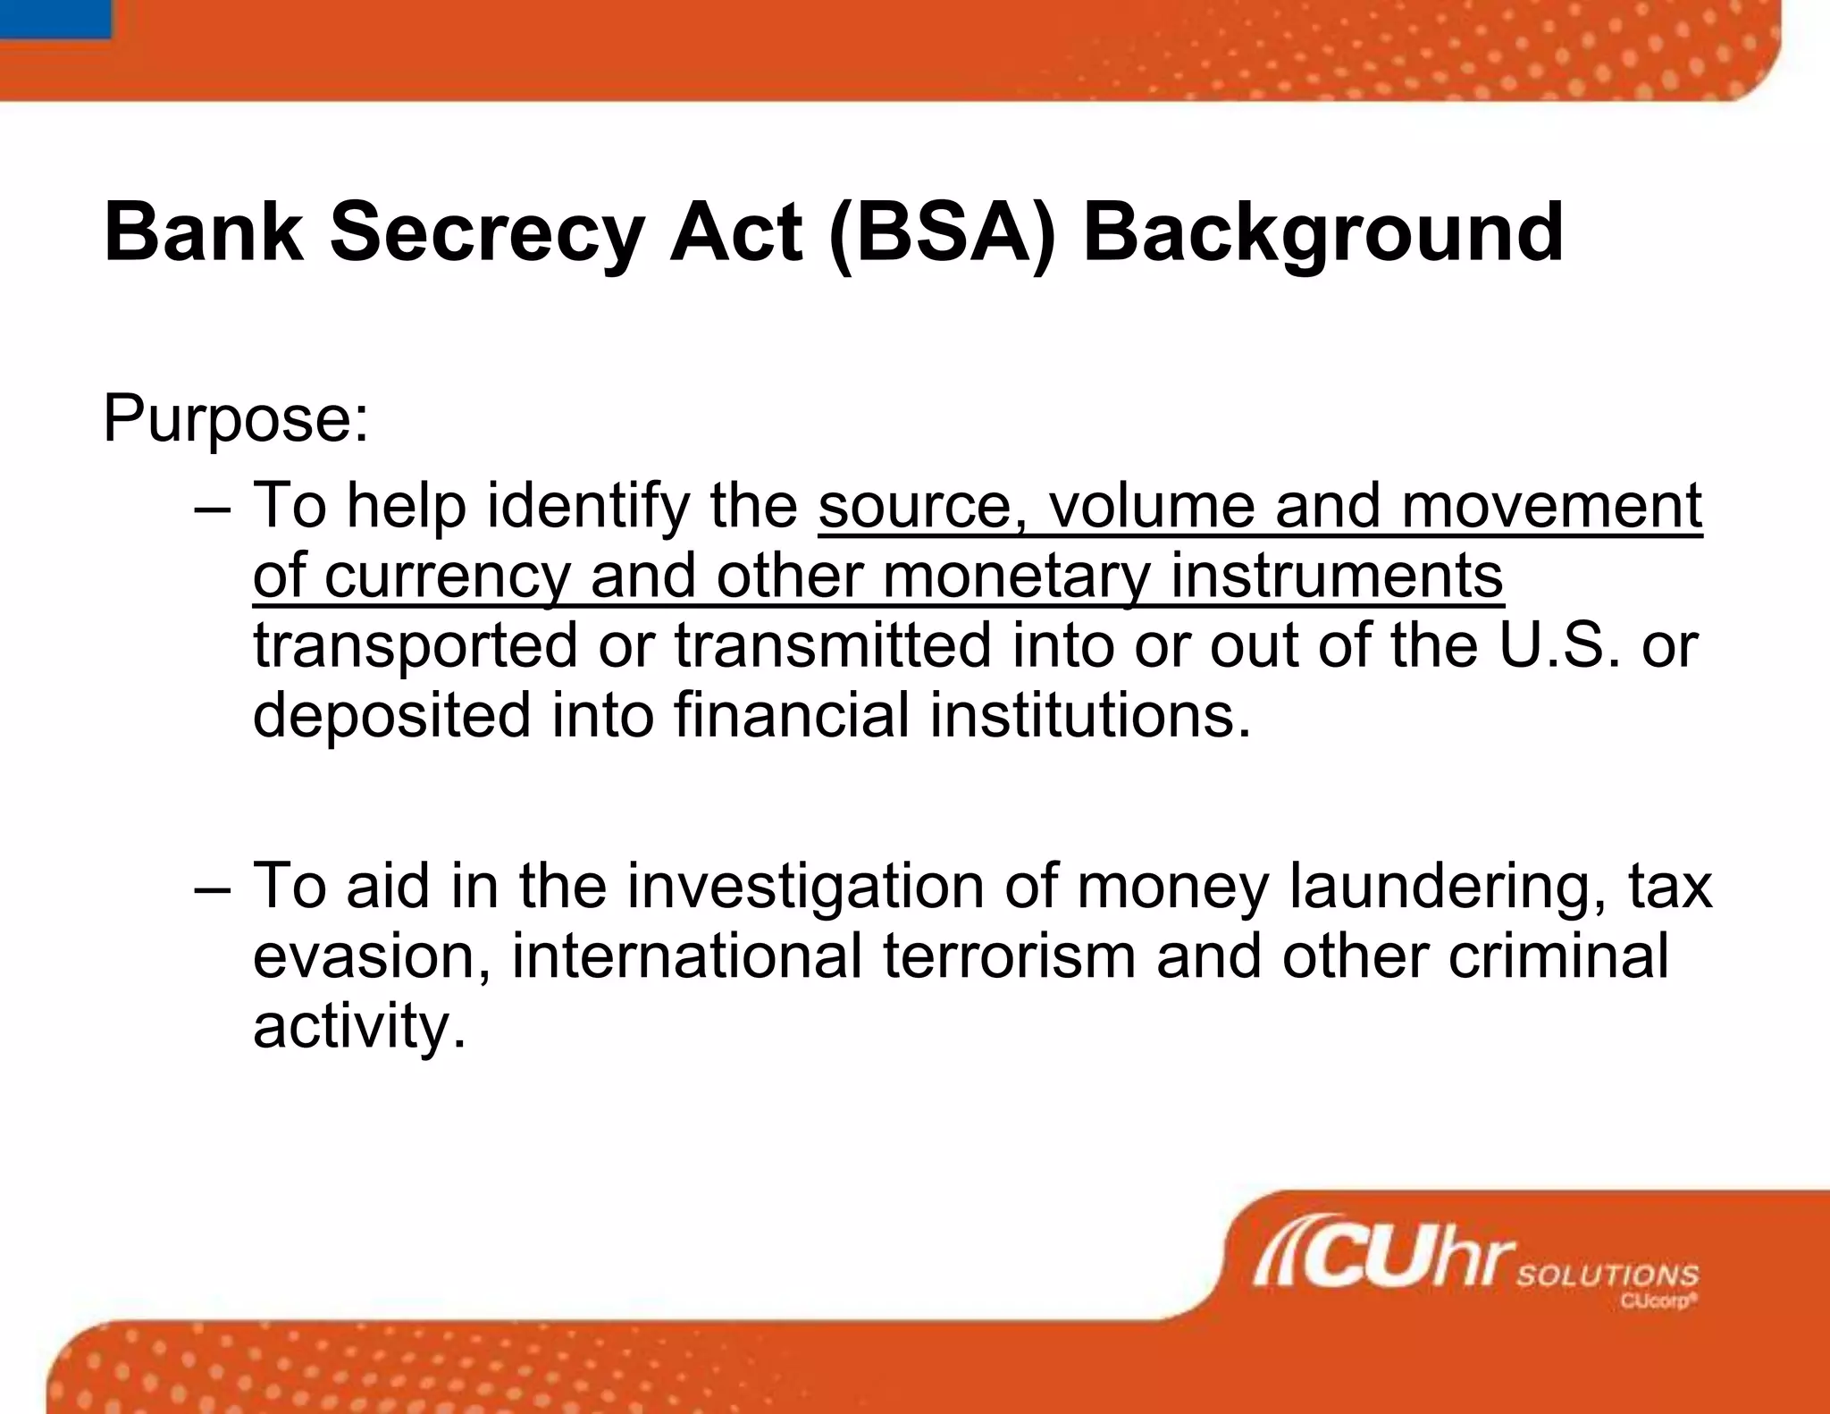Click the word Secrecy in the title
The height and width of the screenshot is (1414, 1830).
pyautogui.click(x=486, y=232)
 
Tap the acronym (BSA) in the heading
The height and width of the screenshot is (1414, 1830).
pyautogui.click(x=944, y=232)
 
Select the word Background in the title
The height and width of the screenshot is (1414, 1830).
pyautogui.click(x=1322, y=232)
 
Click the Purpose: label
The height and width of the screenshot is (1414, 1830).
pyautogui.click(x=235, y=418)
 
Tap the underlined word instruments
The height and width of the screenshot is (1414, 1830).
pyautogui.click(x=1337, y=576)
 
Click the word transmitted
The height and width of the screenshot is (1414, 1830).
pyautogui.click(x=832, y=645)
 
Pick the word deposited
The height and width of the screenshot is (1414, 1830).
pyautogui.click(x=391, y=715)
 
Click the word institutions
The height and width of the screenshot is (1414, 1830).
pyautogui.click(x=1090, y=715)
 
